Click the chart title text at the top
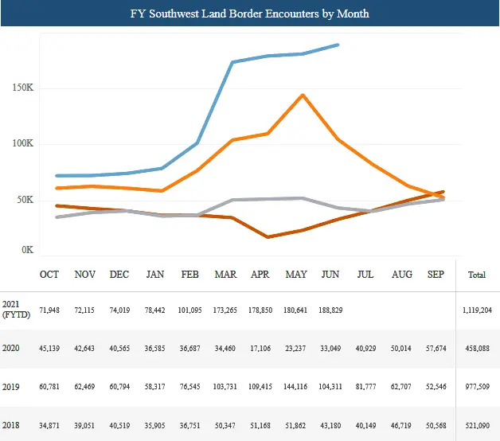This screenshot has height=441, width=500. tap(250, 14)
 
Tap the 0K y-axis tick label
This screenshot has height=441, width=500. tap(26, 250)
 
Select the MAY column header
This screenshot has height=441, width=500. tap(295, 275)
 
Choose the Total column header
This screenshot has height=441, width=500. tap(476, 275)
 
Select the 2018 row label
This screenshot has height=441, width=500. tap(12, 423)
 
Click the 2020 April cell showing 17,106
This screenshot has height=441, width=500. tap(260, 348)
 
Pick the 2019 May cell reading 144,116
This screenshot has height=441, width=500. tap(295, 385)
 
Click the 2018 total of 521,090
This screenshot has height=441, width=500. tap(476, 423)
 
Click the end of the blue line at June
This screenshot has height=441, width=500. tap(338, 45)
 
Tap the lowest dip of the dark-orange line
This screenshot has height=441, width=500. tap(268, 237)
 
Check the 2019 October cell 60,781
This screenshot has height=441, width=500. tap(49, 385)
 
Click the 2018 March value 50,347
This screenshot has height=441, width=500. tap(225, 423)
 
